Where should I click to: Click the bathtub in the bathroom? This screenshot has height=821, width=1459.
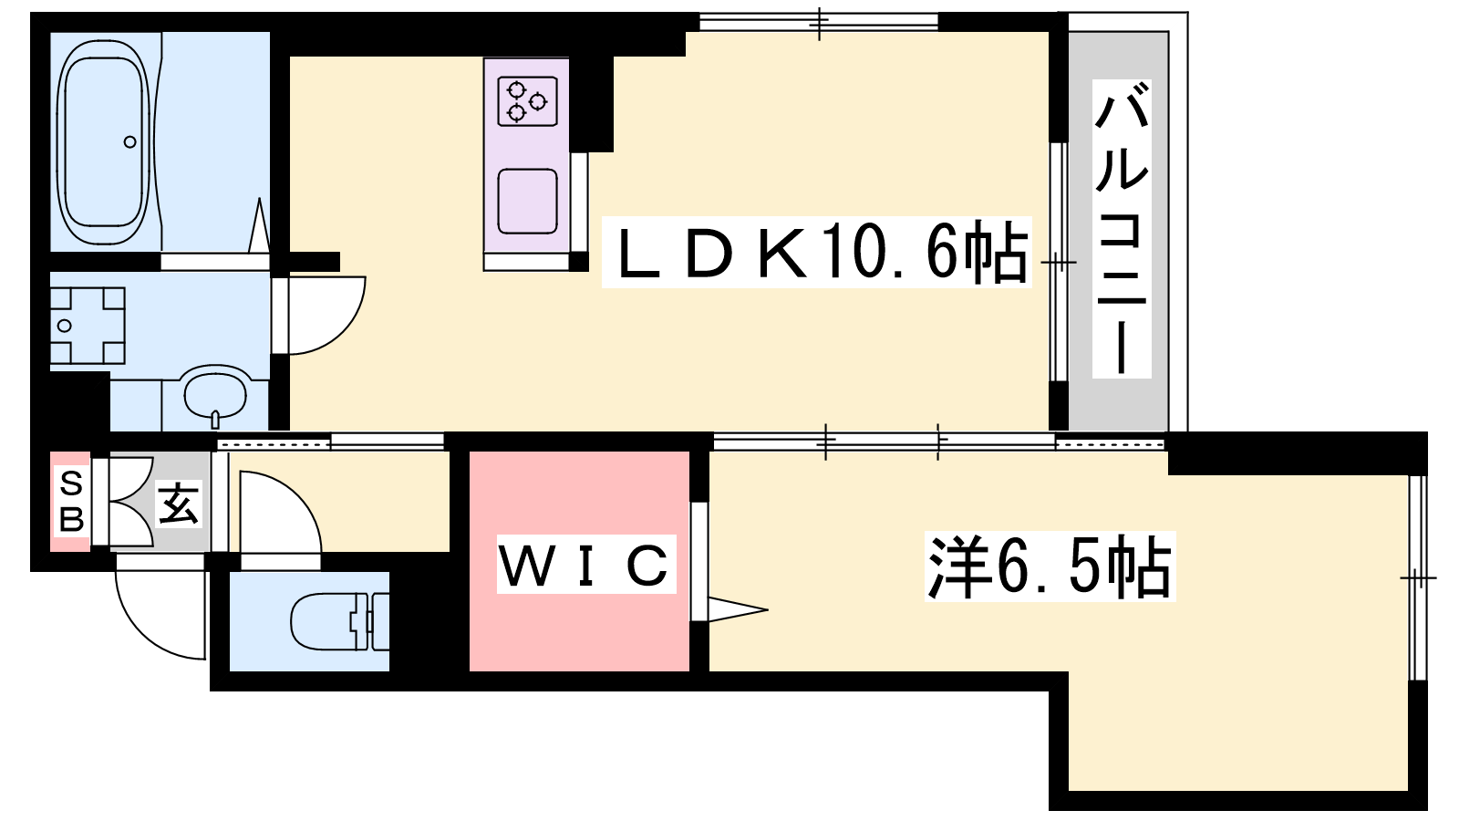pos(102,141)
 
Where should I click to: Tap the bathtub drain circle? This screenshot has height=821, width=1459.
pos(129,141)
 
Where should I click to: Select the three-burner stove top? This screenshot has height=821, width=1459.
pos(527,100)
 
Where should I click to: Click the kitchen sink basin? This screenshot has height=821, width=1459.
pos(527,201)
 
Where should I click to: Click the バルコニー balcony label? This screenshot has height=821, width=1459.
pos(1122,228)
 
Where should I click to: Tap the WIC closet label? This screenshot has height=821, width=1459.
pos(585,565)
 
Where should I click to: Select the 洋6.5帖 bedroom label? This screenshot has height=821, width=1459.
pos(1049,566)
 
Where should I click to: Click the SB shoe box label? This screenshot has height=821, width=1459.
pos(71,501)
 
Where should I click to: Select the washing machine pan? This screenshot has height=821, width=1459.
pos(88,326)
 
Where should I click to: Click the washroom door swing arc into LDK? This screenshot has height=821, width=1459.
pos(327,316)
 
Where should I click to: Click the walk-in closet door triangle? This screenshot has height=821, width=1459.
pos(738,609)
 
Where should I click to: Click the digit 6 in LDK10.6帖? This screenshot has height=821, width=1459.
pos(942,253)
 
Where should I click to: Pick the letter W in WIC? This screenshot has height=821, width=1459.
pos(523,566)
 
